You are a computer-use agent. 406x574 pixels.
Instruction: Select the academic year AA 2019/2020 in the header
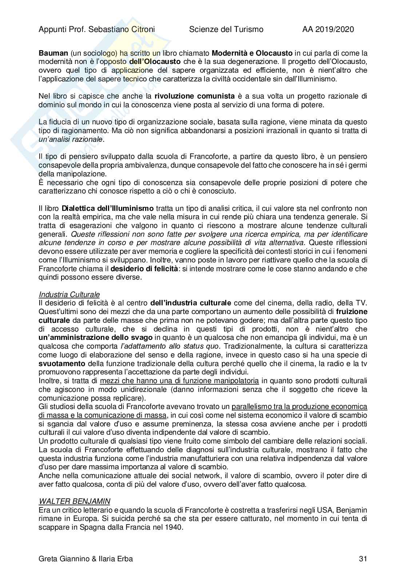tap(328, 29)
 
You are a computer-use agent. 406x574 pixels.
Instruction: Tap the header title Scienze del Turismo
tap(226, 29)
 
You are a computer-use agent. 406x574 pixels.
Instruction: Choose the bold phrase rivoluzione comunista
tap(195, 96)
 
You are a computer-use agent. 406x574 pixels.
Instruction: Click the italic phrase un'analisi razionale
tap(71, 139)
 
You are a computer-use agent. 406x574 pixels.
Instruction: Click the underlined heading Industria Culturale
tap(69, 294)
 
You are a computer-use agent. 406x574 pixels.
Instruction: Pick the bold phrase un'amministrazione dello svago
tap(96, 337)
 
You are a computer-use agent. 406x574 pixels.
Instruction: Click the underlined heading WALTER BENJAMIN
tap(74, 501)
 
